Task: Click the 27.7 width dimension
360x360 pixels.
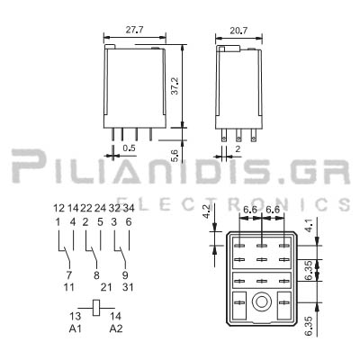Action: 134,30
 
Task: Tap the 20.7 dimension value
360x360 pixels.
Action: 238,31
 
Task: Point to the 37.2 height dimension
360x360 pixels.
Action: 175,86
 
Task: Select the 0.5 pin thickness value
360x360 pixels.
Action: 130,148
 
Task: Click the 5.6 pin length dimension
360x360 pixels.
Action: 175,156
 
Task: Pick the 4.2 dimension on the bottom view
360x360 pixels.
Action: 207,211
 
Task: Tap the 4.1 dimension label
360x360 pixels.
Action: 309,226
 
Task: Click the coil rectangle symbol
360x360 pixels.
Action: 96,308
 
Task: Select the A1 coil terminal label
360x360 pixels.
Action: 76,329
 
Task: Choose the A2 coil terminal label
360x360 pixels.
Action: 116,329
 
